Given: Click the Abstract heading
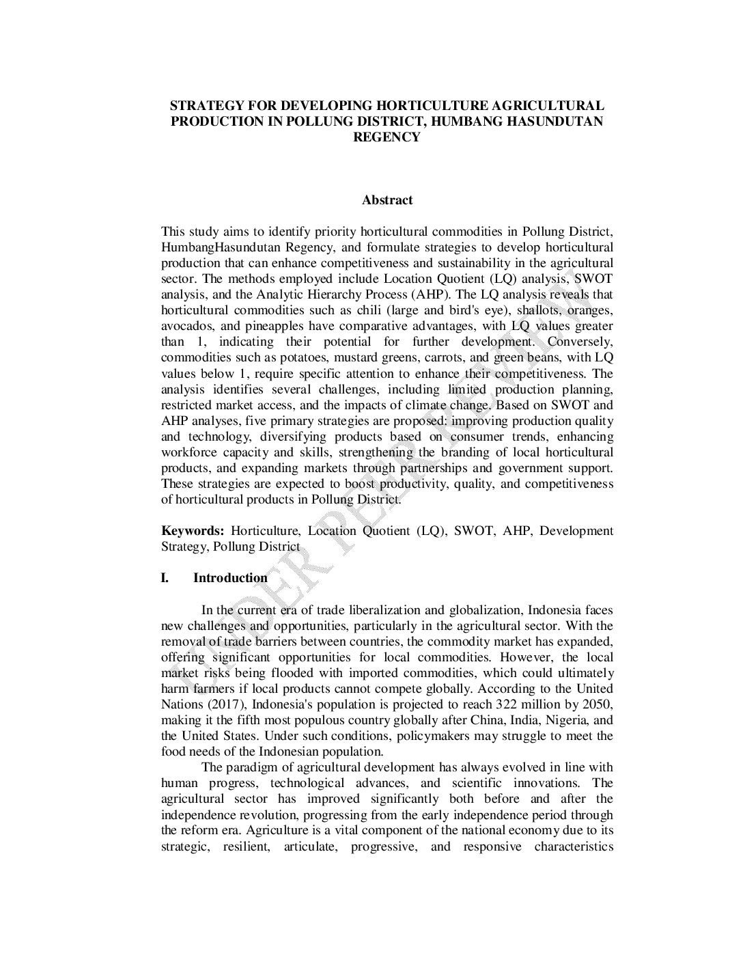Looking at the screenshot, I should pos(387,200).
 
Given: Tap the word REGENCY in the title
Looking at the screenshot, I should pos(387,137).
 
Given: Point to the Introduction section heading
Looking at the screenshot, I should pos(230,578).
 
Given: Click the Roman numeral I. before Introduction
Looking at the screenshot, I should pos(165,578).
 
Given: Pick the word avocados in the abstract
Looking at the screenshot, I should pos(184,326).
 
